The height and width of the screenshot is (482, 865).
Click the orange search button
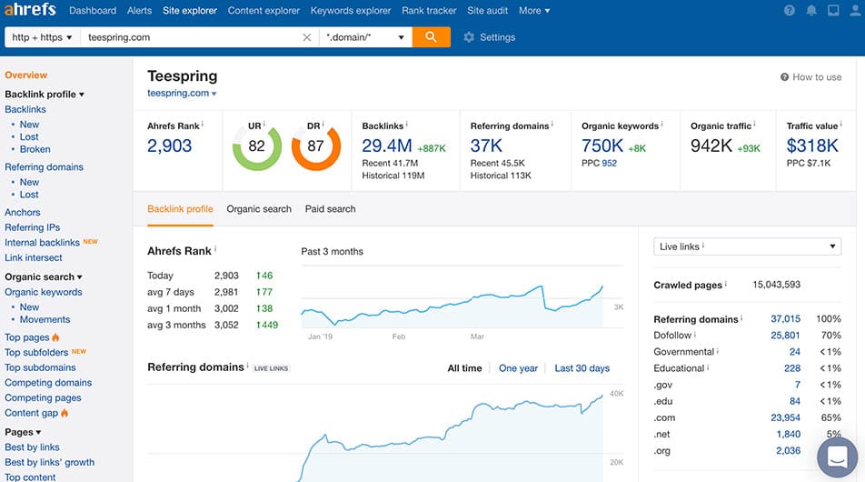pyautogui.click(x=431, y=37)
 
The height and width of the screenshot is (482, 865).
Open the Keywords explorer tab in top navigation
pyautogui.click(x=351, y=11)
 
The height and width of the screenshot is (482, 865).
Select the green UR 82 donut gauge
pyautogui.click(x=256, y=146)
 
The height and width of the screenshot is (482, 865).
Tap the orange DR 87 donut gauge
pyautogui.click(x=315, y=146)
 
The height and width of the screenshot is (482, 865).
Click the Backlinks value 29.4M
pyautogui.click(x=387, y=146)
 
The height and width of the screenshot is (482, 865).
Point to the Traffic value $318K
pyautogui.click(x=813, y=146)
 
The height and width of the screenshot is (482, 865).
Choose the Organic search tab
pyautogui.click(x=259, y=209)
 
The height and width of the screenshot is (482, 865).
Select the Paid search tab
pyautogui.click(x=330, y=209)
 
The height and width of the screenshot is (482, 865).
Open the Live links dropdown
pyautogui.click(x=748, y=246)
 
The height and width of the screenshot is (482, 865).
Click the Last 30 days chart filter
pyautogui.click(x=582, y=368)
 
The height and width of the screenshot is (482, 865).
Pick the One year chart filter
pyautogui.click(x=518, y=368)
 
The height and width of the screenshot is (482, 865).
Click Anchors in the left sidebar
pyautogui.click(x=23, y=213)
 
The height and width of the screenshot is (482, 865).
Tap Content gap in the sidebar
pyautogui.click(x=31, y=413)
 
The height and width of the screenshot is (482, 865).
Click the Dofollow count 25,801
pyautogui.click(x=785, y=336)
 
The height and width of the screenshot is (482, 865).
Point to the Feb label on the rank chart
pyautogui.click(x=399, y=336)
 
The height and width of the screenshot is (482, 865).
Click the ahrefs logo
pyautogui.click(x=30, y=10)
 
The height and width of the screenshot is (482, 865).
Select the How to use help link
pyautogui.click(x=810, y=77)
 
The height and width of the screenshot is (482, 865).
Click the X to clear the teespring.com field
pyautogui.click(x=306, y=37)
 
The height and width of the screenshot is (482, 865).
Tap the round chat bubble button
pyautogui.click(x=837, y=457)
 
